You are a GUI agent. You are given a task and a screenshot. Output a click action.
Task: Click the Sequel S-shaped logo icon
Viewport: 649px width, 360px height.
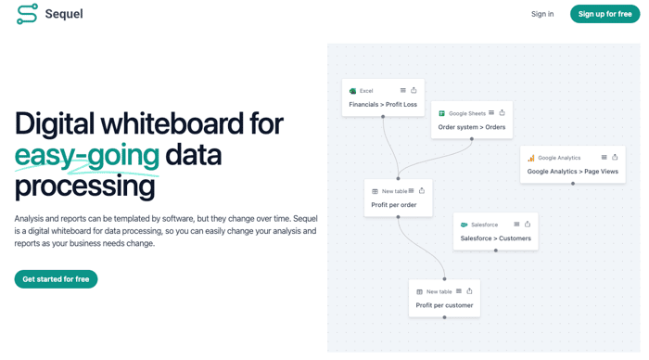click(x=27, y=14)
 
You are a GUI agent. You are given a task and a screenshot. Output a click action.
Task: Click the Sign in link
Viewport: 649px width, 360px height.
click(x=542, y=14)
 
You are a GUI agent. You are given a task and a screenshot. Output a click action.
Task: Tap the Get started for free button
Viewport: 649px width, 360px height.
click(x=56, y=279)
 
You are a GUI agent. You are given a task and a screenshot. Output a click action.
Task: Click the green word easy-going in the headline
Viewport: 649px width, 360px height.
click(x=87, y=156)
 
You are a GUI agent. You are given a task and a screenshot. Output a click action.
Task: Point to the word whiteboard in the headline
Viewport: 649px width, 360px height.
click(x=172, y=123)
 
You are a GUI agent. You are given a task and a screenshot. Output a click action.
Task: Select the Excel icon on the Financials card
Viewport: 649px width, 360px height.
click(x=352, y=91)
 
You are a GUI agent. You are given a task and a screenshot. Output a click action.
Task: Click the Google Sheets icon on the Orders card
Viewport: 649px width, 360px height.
click(x=441, y=113)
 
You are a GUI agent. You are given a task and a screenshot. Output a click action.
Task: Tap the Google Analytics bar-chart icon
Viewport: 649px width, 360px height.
click(x=531, y=158)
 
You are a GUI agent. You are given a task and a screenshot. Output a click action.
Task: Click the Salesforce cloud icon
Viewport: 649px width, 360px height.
click(x=464, y=225)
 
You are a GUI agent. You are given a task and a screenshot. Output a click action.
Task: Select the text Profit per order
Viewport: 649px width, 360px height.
click(x=394, y=205)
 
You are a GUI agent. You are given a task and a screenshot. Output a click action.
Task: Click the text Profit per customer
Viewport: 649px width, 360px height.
click(x=444, y=305)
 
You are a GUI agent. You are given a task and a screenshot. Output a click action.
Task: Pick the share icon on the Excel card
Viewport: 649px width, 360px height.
click(x=414, y=90)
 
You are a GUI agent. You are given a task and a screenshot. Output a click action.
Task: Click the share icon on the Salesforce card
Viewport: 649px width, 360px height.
click(x=528, y=225)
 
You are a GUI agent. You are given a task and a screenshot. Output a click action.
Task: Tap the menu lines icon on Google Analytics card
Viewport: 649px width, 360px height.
click(x=604, y=158)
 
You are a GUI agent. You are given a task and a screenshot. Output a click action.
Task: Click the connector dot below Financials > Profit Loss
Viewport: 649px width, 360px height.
click(x=383, y=117)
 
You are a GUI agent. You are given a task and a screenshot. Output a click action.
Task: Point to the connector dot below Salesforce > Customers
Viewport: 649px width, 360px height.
click(x=495, y=251)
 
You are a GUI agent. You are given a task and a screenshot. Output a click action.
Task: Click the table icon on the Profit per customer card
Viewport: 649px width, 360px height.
click(x=419, y=292)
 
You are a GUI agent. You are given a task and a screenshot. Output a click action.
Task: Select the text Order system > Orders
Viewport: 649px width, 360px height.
click(x=471, y=127)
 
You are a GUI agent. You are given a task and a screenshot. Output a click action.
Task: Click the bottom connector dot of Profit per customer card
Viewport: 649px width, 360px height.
click(x=444, y=317)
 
